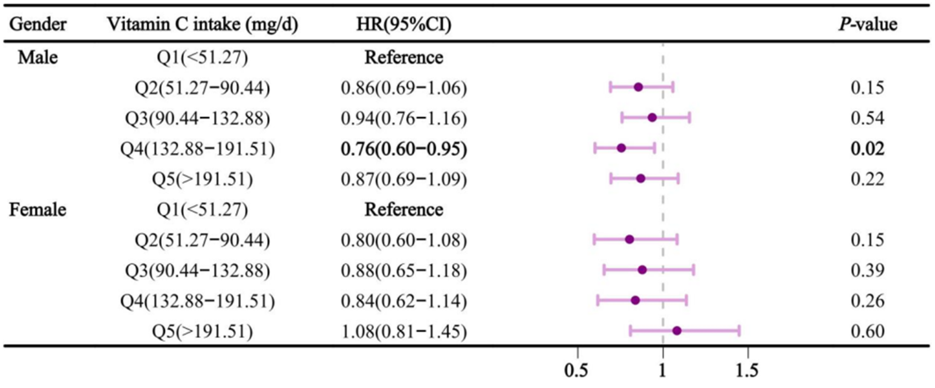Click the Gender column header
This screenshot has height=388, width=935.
pos(38,25)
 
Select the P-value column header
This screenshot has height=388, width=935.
pos(868,25)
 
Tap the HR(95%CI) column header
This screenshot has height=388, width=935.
pos(404,25)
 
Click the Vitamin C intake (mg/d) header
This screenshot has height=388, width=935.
pos(203,25)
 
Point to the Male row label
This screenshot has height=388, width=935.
pos(38,57)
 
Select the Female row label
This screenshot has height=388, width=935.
pos(38,210)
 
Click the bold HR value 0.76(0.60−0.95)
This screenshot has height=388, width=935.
pos(404,149)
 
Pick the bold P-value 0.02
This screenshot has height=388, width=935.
pos(868,149)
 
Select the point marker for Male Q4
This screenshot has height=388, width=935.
pos(621,148)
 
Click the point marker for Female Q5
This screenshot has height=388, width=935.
pos(677,331)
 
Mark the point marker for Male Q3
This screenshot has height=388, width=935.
pos(652,118)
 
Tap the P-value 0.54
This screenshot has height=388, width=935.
pos(868,118)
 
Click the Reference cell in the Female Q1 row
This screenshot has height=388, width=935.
pos(404,210)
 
